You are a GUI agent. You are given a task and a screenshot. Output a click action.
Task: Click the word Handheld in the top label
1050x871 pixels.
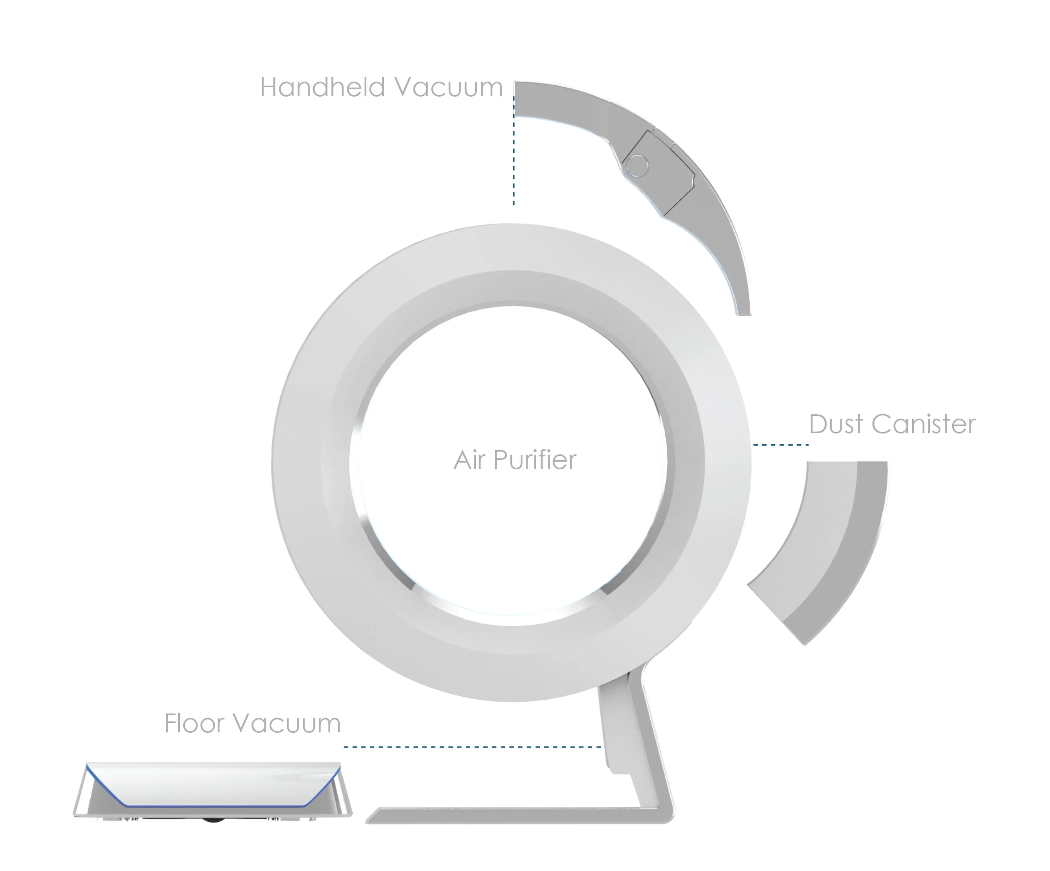tap(323, 87)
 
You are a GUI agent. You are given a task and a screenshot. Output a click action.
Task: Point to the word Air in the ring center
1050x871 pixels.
tap(469, 459)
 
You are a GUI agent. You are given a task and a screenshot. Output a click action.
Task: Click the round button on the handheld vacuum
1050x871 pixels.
tap(637, 164)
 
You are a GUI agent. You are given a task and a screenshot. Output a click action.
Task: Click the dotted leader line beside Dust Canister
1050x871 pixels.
tap(780, 444)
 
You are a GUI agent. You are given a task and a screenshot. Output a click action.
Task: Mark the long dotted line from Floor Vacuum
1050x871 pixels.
tap(472, 747)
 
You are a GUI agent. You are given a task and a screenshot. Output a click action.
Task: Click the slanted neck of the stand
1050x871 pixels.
tap(645, 750)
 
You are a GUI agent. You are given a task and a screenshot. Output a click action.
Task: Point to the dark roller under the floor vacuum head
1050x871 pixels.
tap(213, 821)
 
